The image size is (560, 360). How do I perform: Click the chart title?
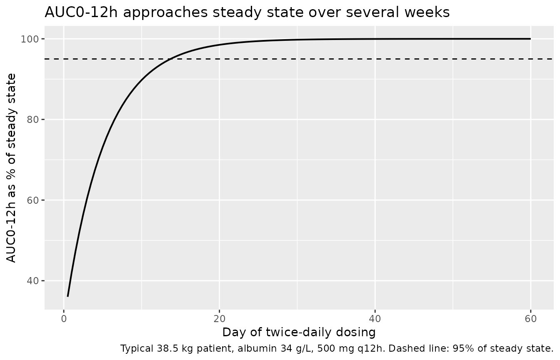pyautogui.click(x=247, y=12)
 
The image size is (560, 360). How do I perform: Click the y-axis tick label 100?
pyautogui.click(x=29, y=39)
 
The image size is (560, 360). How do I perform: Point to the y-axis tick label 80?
pyautogui.click(x=32, y=120)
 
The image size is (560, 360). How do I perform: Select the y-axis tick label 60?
pyautogui.click(x=32, y=200)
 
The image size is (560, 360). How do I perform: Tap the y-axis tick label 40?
pyautogui.click(x=32, y=281)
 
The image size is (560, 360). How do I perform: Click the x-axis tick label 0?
pyautogui.click(x=64, y=319)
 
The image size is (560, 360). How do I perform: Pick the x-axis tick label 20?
pyautogui.click(x=220, y=319)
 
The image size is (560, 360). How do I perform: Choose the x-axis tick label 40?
pyautogui.click(x=375, y=319)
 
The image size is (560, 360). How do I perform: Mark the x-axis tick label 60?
pyautogui.click(x=530, y=319)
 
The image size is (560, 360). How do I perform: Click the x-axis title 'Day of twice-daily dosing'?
pyautogui.click(x=299, y=332)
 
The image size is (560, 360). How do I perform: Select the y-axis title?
pyautogui.click(x=11, y=168)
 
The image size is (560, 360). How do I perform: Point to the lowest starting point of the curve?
pyautogui.click(x=68, y=296)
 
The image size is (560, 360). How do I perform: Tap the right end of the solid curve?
pyautogui.click(x=530, y=39)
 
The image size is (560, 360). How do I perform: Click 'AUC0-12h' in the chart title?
pyautogui.click(x=81, y=12)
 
